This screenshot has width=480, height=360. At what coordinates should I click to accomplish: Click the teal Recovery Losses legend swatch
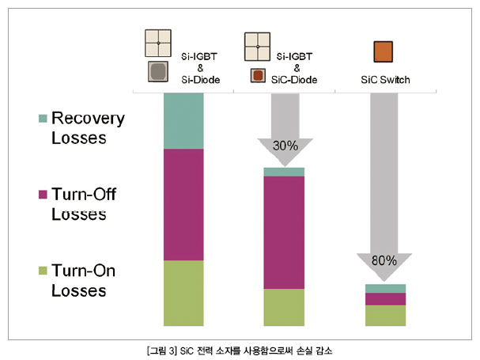43,118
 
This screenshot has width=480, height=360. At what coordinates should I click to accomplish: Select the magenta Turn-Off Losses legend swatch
43,195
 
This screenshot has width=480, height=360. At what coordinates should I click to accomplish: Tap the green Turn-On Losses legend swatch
43,271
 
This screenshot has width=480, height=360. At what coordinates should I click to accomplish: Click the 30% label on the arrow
285,146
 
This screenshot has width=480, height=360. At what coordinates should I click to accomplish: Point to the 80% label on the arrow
384,261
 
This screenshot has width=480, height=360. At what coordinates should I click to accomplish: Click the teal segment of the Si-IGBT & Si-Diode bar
183,121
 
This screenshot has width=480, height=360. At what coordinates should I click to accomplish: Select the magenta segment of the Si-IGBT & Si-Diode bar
183,205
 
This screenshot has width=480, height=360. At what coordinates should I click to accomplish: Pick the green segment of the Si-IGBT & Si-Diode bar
183,294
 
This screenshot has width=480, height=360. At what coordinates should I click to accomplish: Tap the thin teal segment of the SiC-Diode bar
284,172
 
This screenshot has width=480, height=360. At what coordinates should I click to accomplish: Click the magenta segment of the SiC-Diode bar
284,233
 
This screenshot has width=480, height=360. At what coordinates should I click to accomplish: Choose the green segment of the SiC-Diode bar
284,307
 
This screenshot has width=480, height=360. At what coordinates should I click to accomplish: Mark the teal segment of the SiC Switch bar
385,289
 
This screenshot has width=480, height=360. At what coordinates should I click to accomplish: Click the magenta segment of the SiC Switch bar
385,299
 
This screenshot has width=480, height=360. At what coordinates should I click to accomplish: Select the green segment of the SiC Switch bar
385,316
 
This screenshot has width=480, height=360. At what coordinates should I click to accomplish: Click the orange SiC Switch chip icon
383,51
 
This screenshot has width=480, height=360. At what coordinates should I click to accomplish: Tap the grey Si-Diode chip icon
158,71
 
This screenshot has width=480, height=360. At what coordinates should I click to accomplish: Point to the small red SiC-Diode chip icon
258,75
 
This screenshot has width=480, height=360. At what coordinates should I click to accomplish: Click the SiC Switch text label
385,80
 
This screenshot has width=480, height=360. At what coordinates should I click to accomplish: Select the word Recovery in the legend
88,119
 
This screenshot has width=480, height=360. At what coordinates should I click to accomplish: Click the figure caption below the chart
240,351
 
